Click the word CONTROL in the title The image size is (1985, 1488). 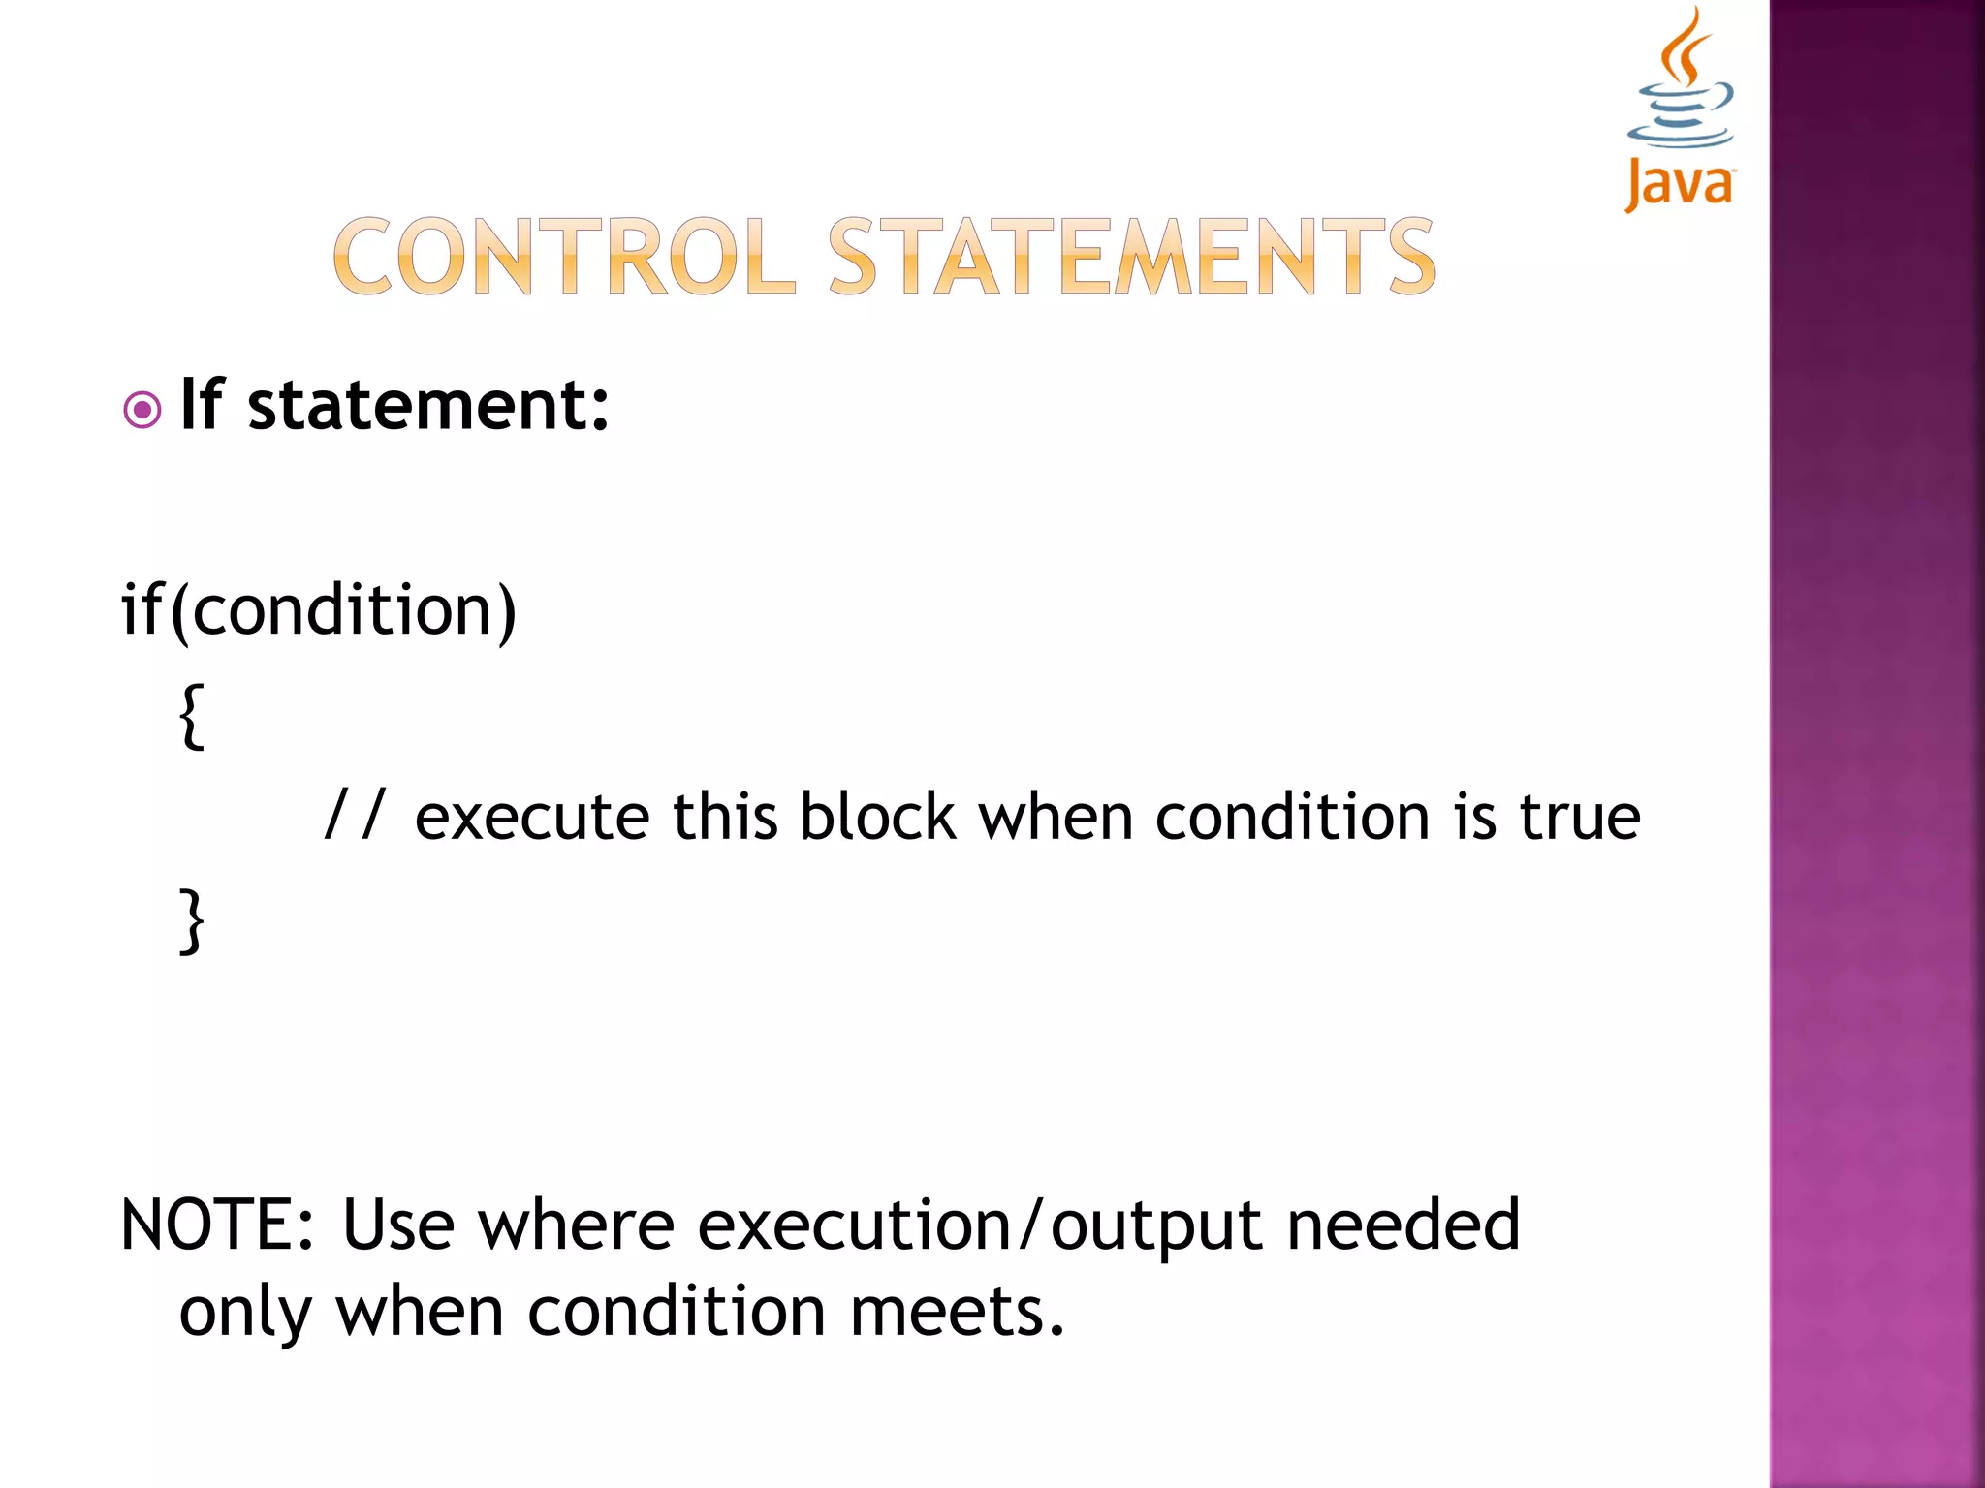point(564,257)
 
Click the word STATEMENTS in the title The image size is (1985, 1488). point(1131,257)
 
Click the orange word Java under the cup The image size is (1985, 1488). point(1680,184)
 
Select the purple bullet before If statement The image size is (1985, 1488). point(142,410)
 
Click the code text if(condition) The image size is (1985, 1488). point(319,612)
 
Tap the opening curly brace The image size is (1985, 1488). point(192,717)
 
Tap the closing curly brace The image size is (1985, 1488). point(192,921)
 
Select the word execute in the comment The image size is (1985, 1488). point(532,818)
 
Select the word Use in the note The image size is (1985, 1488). point(397,1225)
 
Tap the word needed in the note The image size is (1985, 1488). point(1402,1225)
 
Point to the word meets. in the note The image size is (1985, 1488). point(957,1313)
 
